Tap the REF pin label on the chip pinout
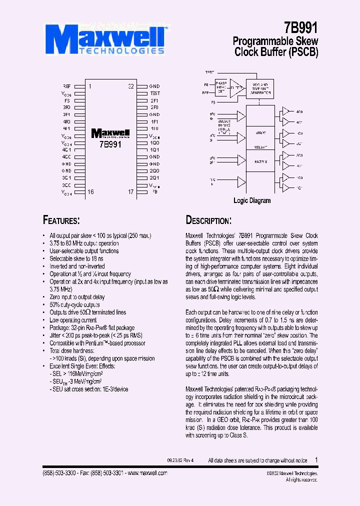click(x=67, y=86)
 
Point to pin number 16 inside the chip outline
click(x=90, y=192)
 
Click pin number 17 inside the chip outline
click(x=131, y=192)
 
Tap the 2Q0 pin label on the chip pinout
click(x=154, y=171)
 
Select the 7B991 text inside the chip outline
click(x=110, y=144)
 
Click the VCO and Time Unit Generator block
click(x=260, y=89)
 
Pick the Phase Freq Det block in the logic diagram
click(x=221, y=88)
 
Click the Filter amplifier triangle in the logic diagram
click(x=237, y=88)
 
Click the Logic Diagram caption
click(x=252, y=200)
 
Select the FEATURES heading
click(x=61, y=220)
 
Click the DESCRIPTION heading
click(x=208, y=220)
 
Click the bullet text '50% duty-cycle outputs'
click(x=74, y=304)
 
